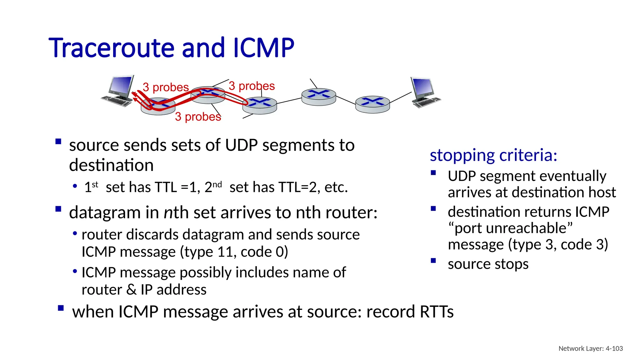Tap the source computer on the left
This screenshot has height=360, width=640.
(118, 91)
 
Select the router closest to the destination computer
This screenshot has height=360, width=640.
(372, 104)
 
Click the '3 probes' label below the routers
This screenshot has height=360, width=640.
(198, 117)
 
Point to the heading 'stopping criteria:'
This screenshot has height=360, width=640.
(493, 155)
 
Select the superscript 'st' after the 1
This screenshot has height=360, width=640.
(95, 184)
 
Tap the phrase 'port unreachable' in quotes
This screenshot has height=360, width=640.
(510, 228)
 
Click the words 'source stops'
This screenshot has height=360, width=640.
(488, 264)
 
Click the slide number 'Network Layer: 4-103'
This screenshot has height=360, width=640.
(590, 348)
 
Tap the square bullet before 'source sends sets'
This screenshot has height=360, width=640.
(58, 142)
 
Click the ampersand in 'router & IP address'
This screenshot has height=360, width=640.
(131, 290)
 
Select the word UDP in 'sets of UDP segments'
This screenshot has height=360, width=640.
(241, 145)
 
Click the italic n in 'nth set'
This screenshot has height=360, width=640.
(168, 213)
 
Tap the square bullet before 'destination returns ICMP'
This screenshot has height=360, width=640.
(433, 209)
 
